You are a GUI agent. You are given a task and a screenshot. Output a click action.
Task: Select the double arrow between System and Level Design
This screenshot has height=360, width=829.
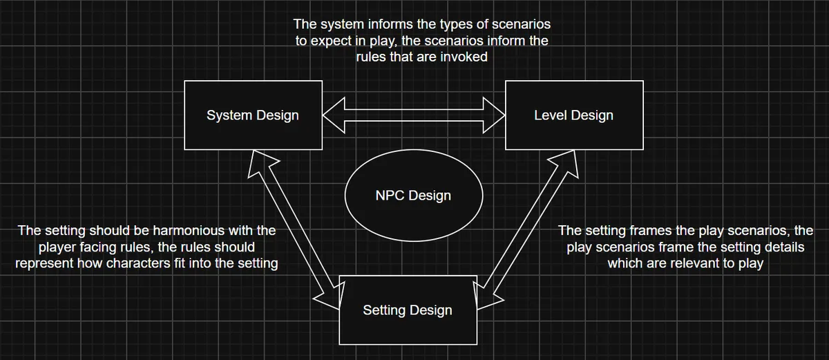(x=414, y=115)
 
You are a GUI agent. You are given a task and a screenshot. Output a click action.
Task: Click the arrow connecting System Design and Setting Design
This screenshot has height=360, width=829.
(x=294, y=229)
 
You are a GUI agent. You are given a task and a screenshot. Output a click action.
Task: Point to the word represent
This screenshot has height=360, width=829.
(x=44, y=263)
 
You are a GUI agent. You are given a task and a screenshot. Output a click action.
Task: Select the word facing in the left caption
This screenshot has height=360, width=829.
(x=136, y=247)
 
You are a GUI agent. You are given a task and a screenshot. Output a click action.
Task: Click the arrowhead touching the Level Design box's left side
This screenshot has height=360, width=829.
(x=494, y=115)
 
